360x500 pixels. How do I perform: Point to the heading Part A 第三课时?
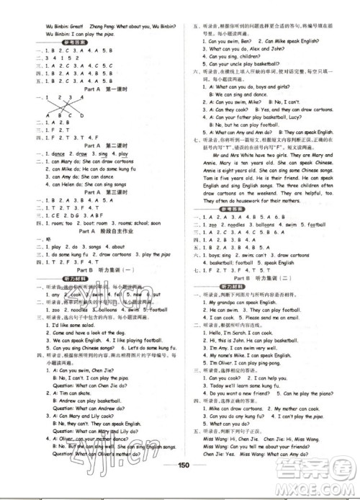93,192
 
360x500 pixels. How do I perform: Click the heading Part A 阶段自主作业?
93,231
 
